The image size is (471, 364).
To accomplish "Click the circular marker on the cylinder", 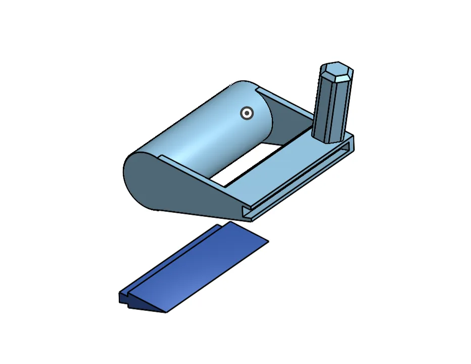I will pyautogui.click(x=247, y=114).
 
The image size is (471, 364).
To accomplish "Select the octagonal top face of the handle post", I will pyautogui.click(x=337, y=69).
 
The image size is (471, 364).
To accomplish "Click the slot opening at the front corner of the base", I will pyautogui.click(x=247, y=213).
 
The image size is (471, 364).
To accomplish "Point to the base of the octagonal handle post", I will pyautogui.click(x=328, y=138).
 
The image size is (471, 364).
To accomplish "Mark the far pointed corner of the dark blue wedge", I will pyautogui.click(x=267, y=241).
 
